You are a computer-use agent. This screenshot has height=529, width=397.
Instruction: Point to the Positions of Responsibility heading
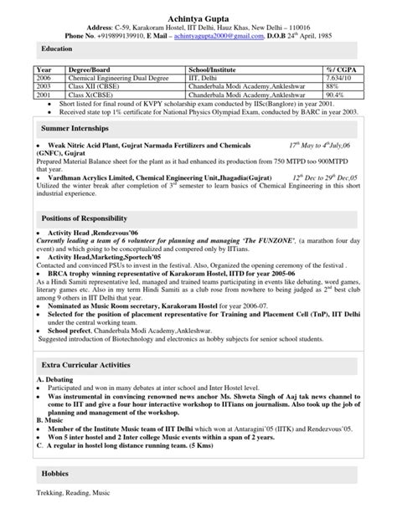click(x=88, y=217)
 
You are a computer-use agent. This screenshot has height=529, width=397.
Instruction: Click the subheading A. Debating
click(x=54, y=382)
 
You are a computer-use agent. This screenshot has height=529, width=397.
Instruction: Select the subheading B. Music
click(x=49, y=418)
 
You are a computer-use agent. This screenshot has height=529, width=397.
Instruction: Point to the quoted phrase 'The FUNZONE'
click(x=268, y=240)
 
